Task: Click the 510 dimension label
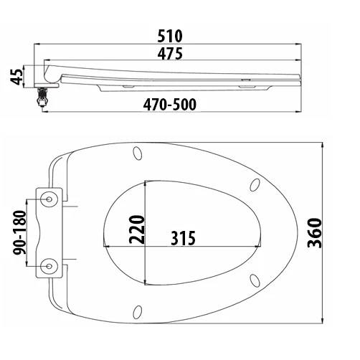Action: pyautogui.click(x=170, y=36)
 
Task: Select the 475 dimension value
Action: pyautogui.click(x=170, y=54)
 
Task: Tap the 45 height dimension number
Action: pyautogui.click(x=16, y=76)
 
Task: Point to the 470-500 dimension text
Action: pyautogui.click(x=170, y=105)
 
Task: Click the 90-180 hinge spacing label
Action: pyautogui.click(x=19, y=232)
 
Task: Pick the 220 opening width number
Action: pyautogui.click(x=137, y=229)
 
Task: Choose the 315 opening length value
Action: pyautogui.click(x=183, y=238)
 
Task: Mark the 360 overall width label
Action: pyautogui.click(x=314, y=233)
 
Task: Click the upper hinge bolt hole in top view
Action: pyautogui.click(x=49, y=199)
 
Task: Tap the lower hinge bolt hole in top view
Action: pyautogui.click(x=49, y=266)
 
